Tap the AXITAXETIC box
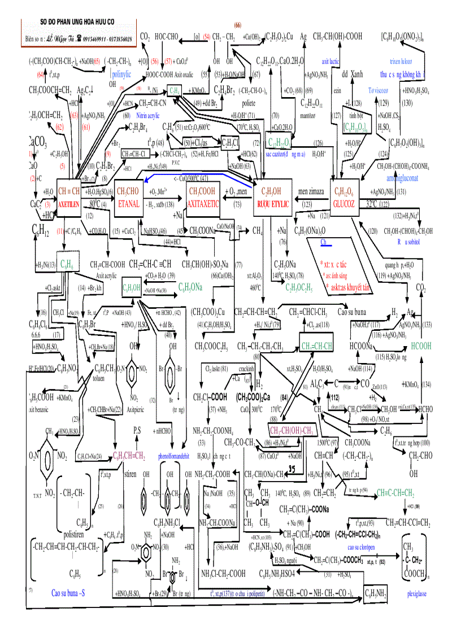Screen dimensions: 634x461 [202, 198]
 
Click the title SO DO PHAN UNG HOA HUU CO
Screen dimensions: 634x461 [77, 22]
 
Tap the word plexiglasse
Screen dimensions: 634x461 [417, 594]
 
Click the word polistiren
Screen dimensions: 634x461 [77, 534]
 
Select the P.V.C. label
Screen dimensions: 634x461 [176, 161]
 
